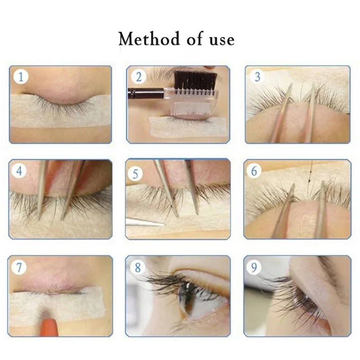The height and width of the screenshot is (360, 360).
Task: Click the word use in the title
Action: pyautogui.click(x=221, y=39)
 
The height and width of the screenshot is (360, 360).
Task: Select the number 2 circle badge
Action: pyautogui.click(x=138, y=77)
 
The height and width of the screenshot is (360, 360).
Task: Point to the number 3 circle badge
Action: pyautogui.click(x=257, y=77)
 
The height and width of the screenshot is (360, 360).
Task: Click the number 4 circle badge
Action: pyautogui.click(x=21, y=171)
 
